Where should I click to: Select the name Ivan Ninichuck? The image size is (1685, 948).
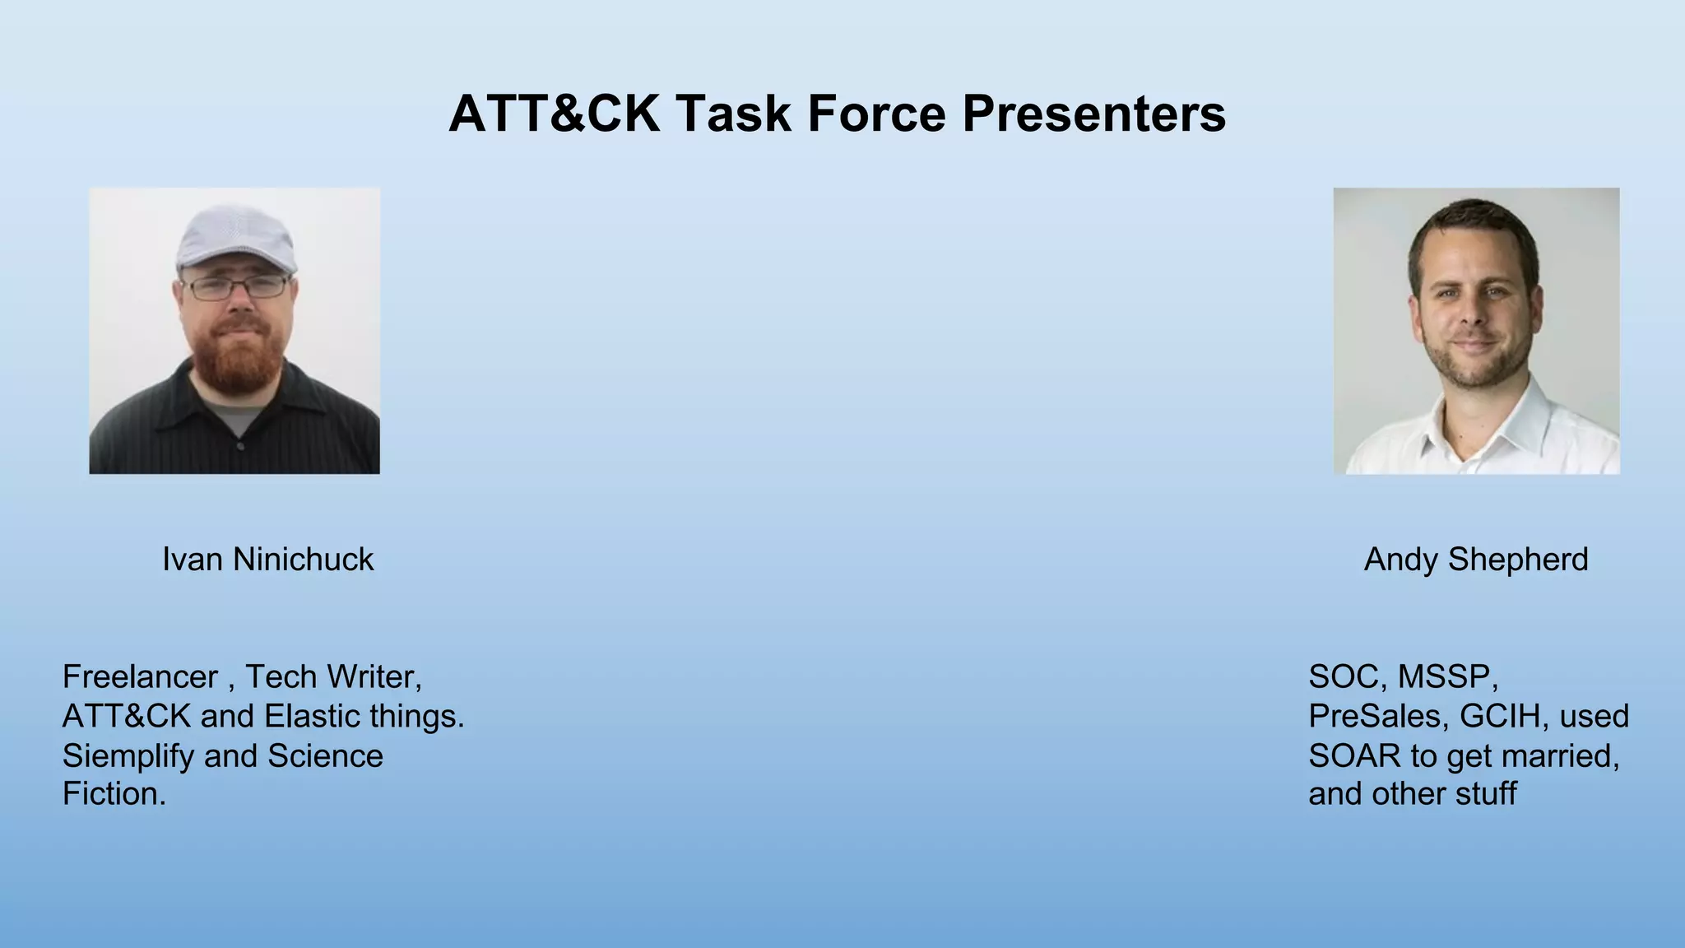[x=267, y=560]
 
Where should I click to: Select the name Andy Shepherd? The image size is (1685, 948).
[x=1476, y=560]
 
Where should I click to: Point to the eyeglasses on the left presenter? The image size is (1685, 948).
[x=236, y=288]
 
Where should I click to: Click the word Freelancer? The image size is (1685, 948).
[x=140, y=677]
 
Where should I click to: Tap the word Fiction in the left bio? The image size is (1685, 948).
[x=113, y=794]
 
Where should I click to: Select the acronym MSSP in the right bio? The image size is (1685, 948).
[x=1447, y=677]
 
